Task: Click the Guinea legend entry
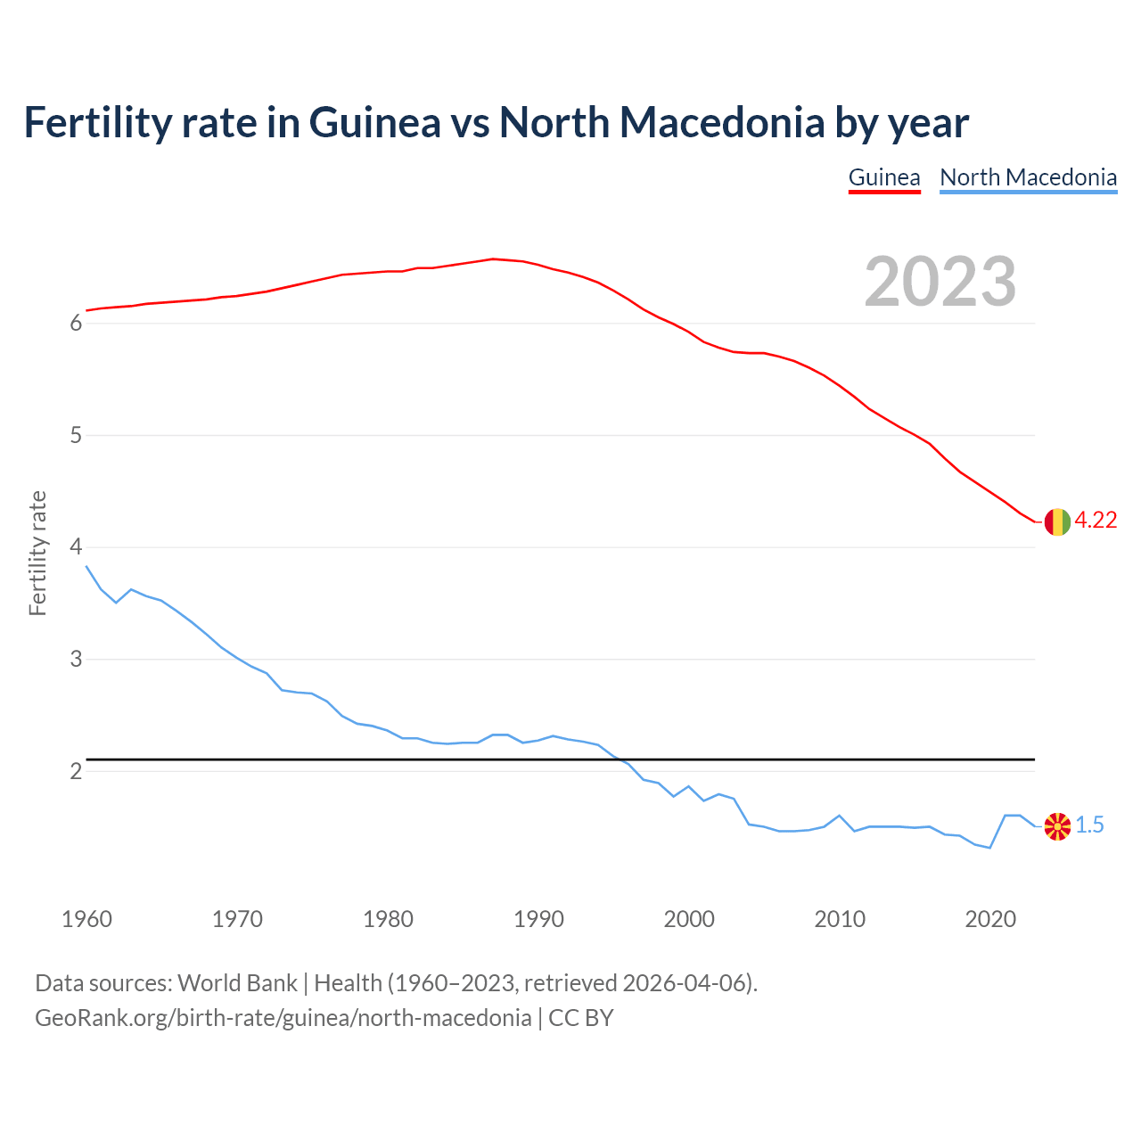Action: pos(883,177)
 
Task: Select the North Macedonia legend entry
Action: pos(1028,177)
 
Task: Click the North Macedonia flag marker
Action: pos(1057,826)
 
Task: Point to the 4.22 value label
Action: pos(1096,521)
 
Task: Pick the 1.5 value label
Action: pos(1089,825)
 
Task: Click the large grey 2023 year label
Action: pos(940,282)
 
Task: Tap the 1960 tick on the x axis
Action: pos(86,919)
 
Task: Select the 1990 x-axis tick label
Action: pos(538,919)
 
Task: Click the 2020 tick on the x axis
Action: pos(990,919)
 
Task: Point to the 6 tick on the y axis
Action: pos(76,324)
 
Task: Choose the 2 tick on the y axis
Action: pos(76,771)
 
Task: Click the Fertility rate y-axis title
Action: pos(37,553)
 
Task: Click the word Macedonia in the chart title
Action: pos(722,122)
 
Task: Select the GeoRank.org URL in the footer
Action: pos(283,1018)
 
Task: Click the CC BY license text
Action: pos(580,1018)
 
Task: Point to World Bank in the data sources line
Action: pos(237,983)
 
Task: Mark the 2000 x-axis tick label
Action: pos(689,919)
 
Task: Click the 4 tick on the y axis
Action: pos(76,547)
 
